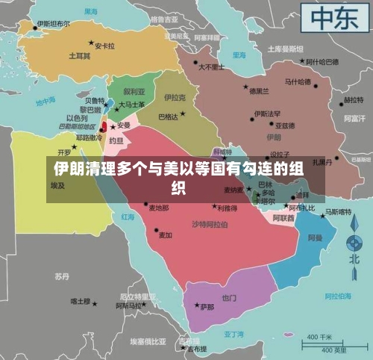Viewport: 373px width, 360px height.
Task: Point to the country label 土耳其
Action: pos(80,56)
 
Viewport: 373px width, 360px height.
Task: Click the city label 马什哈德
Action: pos(298,81)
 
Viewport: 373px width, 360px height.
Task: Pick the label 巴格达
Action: pos(169,117)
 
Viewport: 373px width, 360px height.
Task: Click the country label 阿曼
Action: pos(316,238)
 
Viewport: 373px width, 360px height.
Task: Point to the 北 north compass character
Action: pos(356,257)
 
